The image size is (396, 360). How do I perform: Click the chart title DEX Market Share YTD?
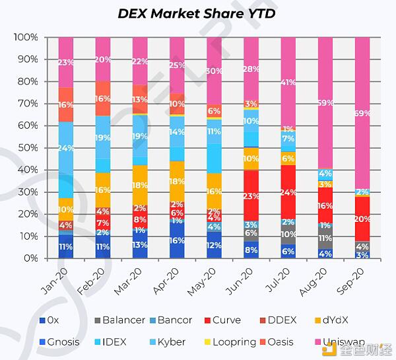(197, 13)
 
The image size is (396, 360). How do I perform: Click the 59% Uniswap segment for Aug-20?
(325, 103)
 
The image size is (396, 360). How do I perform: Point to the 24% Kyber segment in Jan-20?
(66, 149)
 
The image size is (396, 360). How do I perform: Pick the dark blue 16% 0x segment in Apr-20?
(177, 240)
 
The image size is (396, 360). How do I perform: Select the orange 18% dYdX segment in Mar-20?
(140, 186)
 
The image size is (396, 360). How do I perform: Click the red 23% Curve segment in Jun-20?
(251, 196)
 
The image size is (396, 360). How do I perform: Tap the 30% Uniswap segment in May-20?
(214, 71)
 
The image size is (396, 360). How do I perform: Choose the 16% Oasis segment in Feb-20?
(103, 98)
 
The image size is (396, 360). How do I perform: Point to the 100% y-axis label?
(25, 37)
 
